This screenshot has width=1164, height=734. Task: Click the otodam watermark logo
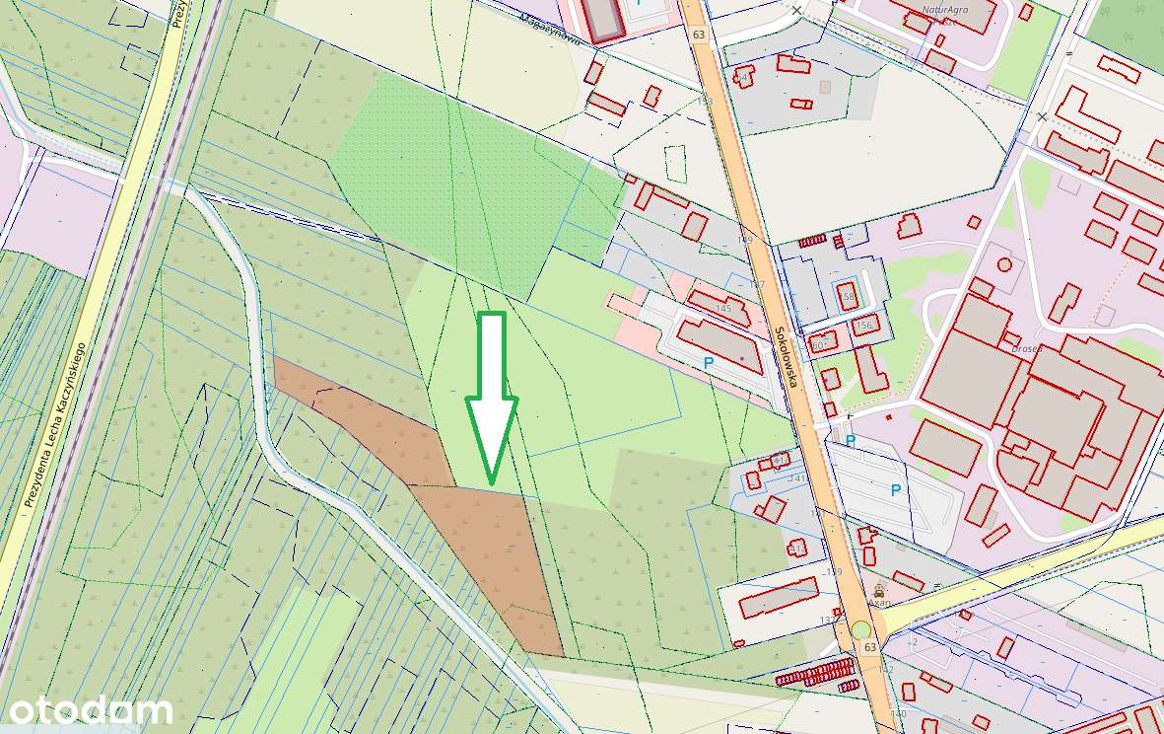(90, 710)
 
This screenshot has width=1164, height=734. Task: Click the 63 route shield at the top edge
(699, 35)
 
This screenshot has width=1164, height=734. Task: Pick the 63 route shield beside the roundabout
(869, 647)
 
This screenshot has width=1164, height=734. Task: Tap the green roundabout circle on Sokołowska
(861, 629)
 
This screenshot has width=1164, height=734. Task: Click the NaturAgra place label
(944, 10)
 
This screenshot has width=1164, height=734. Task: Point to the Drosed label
(1028, 347)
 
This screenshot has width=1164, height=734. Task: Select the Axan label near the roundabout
(878, 601)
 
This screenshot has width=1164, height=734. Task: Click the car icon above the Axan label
(879, 589)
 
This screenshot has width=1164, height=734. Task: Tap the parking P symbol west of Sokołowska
(708, 363)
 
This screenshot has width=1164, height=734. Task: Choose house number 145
(724, 309)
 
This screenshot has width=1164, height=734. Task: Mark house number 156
(864, 325)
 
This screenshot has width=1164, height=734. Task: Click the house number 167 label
(756, 284)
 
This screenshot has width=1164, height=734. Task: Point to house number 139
(835, 571)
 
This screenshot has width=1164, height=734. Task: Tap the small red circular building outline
(1004, 264)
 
